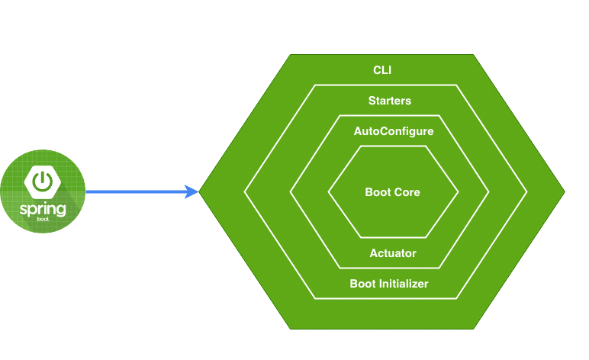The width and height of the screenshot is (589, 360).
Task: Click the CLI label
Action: (x=381, y=70)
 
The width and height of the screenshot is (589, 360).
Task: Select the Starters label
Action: (x=389, y=101)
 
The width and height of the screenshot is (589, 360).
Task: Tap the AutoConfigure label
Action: (x=393, y=131)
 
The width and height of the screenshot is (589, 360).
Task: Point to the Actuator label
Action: (x=392, y=253)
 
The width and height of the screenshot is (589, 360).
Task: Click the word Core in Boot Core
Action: (x=407, y=192)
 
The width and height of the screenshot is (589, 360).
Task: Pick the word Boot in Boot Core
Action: (x=378, y=192)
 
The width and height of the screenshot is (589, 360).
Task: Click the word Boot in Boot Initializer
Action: (x=363, y=284)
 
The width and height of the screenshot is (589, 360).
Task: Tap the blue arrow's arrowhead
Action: (x=192, y=192)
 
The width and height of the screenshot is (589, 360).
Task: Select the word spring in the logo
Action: (x=43, y=209)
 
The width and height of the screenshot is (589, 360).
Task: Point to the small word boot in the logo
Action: (x=43, y=220)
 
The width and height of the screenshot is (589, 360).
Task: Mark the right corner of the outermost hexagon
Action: (x=564, y=192)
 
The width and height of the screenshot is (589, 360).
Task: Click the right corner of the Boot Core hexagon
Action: (x=458, y=192)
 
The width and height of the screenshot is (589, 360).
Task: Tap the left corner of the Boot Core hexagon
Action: (x=329, y=192)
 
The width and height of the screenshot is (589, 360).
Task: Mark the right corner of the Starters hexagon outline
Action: (x=526, y=192)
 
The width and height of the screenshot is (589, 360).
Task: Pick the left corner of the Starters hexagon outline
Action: (x=244, y=192)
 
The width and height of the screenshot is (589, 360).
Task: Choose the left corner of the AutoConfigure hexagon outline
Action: (x=290, y=192)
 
